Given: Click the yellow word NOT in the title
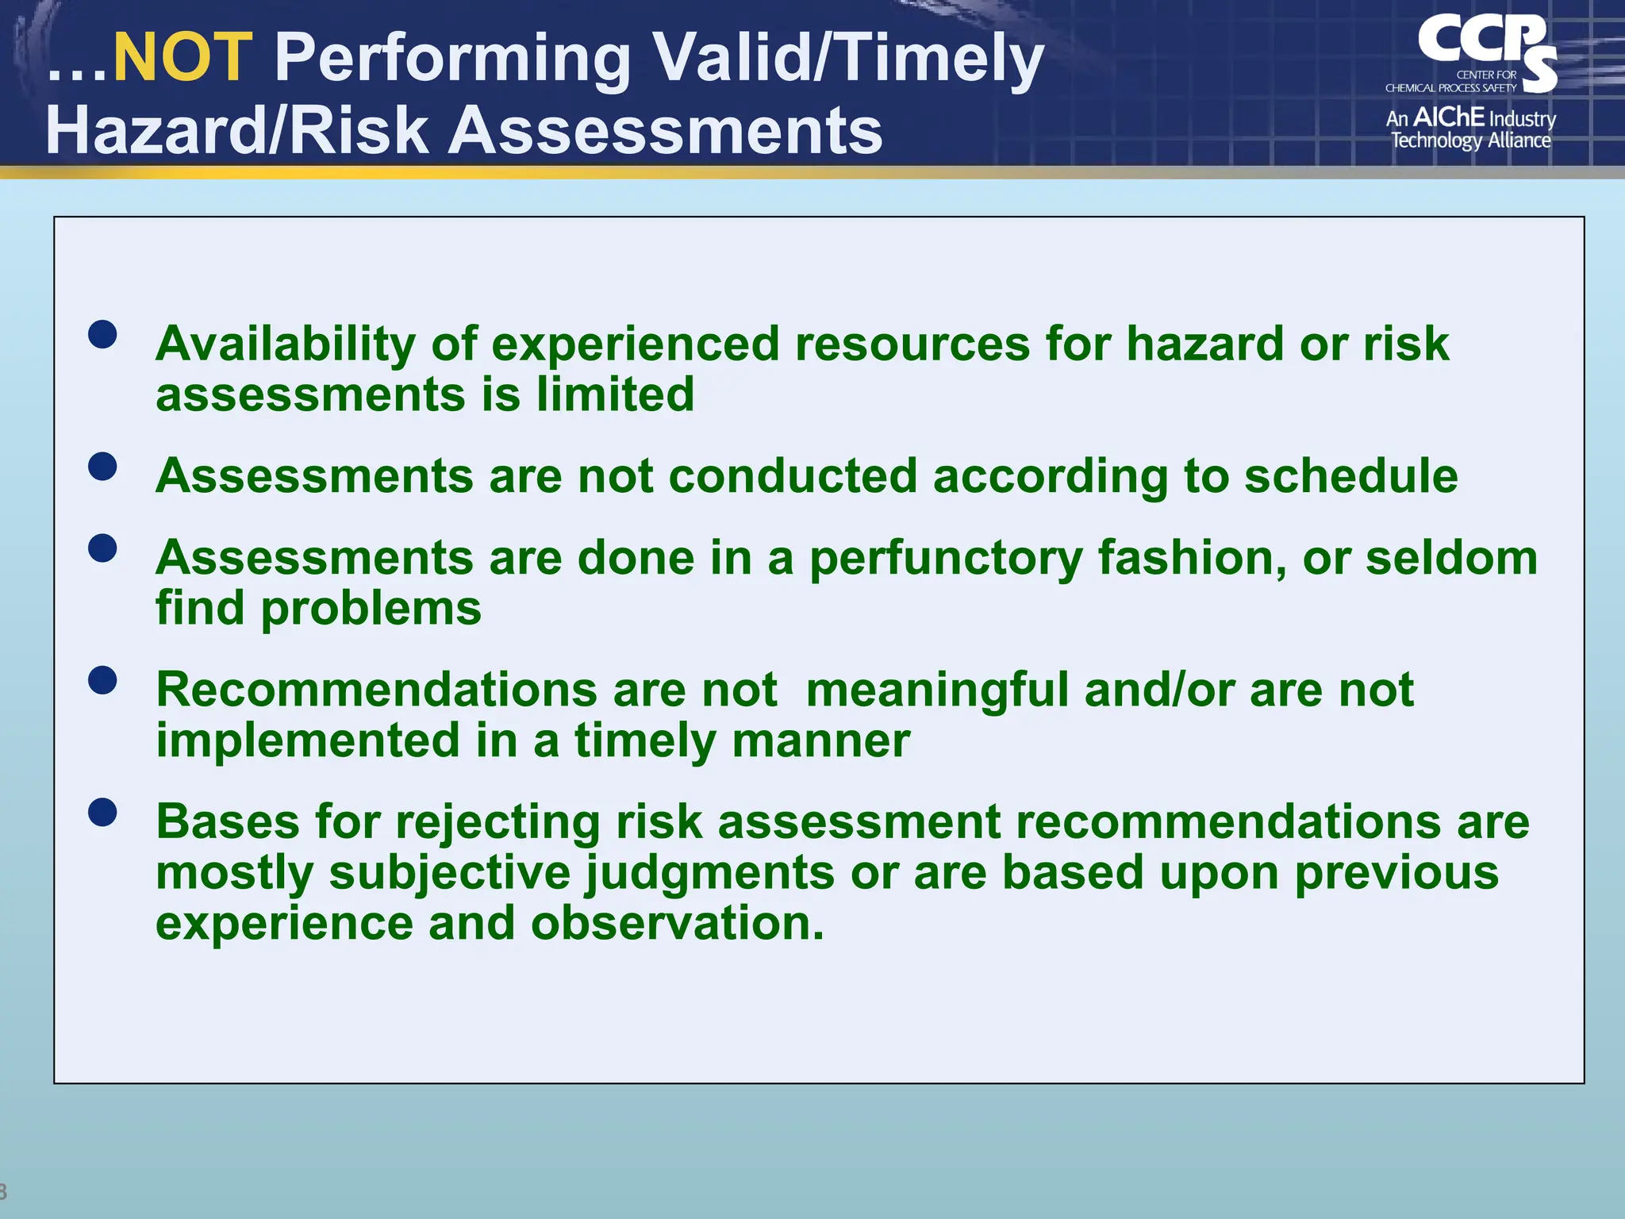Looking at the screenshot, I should tap(182, 57).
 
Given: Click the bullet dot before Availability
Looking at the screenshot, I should tap(103, 334).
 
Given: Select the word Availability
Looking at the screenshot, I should tap(286, 344).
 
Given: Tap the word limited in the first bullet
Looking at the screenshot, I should tap(615, 394).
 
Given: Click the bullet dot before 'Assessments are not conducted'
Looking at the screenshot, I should tap(103, 467).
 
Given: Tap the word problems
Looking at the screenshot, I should tap(371, 609).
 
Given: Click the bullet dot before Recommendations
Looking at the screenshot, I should tap(103, 680).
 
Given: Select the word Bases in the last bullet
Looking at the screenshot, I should tap(228, 821).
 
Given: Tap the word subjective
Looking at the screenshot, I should tap(450, 873).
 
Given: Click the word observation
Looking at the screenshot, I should tap(678, 924).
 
